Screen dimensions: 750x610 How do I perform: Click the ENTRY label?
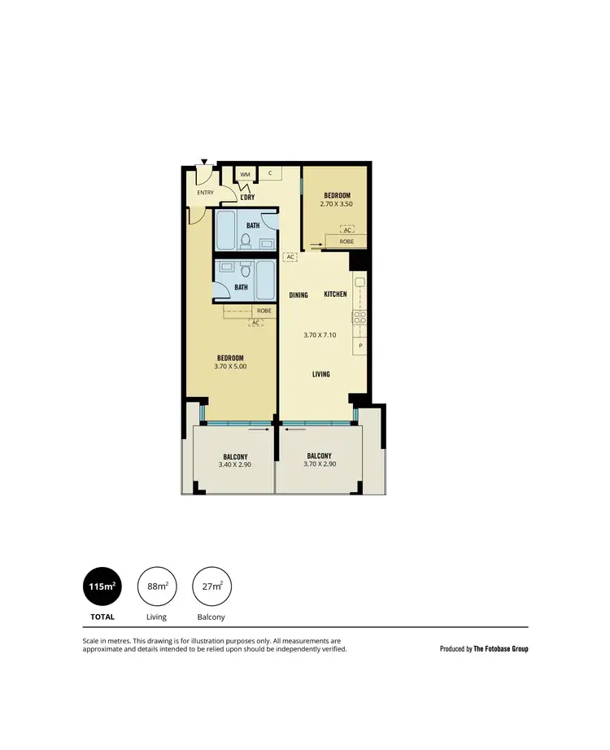[x=205, y=193]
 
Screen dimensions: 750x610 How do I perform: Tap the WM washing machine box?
[x=245, y=174]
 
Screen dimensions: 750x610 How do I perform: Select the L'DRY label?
[x=248, y=197]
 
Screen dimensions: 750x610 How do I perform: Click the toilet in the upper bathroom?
[x=244, y=240]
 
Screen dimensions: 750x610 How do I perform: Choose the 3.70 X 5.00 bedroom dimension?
[x=230, y=368]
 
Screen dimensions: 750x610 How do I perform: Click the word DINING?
[x=298, y=295]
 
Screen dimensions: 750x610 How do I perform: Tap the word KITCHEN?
[x=336, y=294]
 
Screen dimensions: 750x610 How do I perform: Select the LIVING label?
[x=321, y=374]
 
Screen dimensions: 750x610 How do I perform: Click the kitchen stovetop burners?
[x=359, y=319]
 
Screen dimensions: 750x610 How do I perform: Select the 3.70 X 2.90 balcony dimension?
[x=319, y=464]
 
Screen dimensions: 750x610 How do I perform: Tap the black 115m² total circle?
[x=102, y=586]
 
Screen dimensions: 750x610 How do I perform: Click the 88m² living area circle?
[x=157, y=586]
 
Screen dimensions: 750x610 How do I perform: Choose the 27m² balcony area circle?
[x=211, y=586]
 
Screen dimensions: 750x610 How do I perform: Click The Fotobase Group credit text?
[x=501, y=649]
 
